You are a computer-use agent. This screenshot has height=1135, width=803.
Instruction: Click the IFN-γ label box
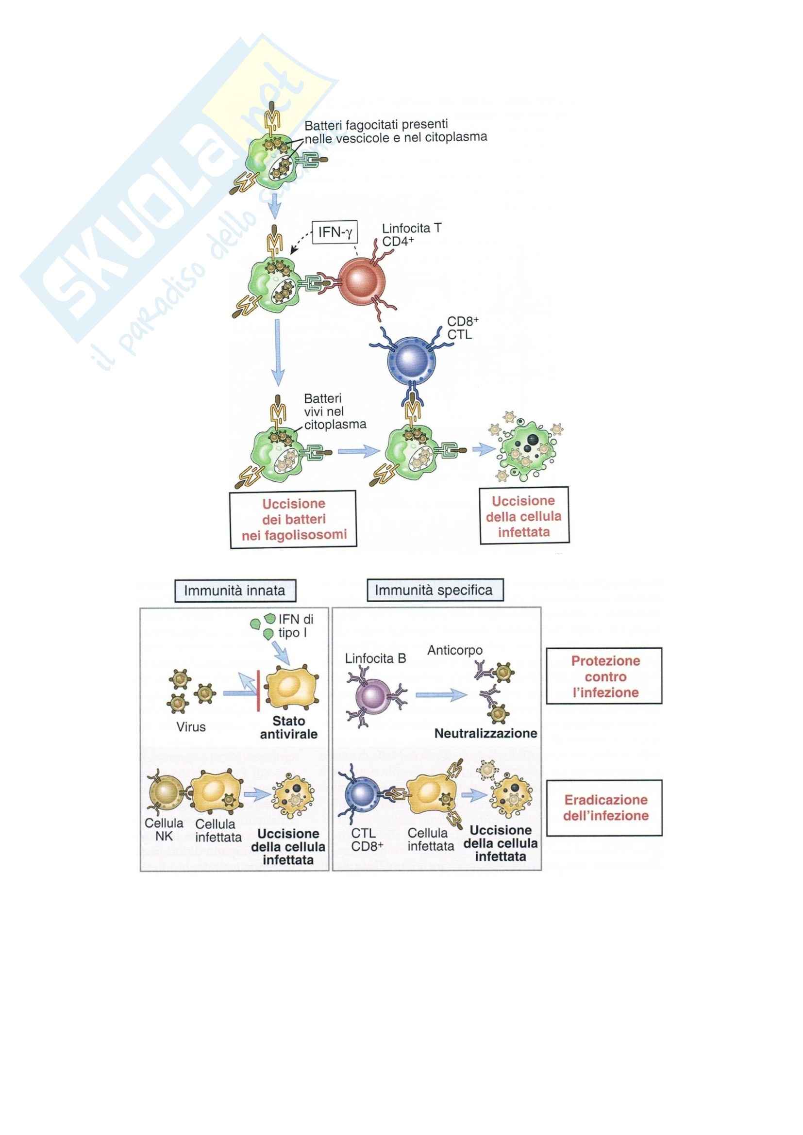coord(335,232)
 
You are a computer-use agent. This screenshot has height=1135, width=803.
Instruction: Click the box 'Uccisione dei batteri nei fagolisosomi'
coord(293,519)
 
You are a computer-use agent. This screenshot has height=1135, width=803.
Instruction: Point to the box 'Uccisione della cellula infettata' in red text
coord(524,516)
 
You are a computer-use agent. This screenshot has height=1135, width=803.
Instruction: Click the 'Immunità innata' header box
coord(235,591)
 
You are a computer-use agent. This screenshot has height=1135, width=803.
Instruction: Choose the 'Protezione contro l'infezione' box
coord(604,676)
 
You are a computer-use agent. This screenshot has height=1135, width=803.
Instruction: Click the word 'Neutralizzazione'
coord(485,733)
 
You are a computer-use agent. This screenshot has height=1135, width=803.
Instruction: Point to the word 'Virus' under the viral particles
coord(191,727)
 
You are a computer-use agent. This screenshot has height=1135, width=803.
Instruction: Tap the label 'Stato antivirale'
coord(289,728)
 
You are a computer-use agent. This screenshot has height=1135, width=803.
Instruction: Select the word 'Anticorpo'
coord(454,651)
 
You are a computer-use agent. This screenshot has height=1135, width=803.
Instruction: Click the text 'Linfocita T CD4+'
coord(411,235)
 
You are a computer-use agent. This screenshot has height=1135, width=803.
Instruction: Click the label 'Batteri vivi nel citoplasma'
coord(335,411)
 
